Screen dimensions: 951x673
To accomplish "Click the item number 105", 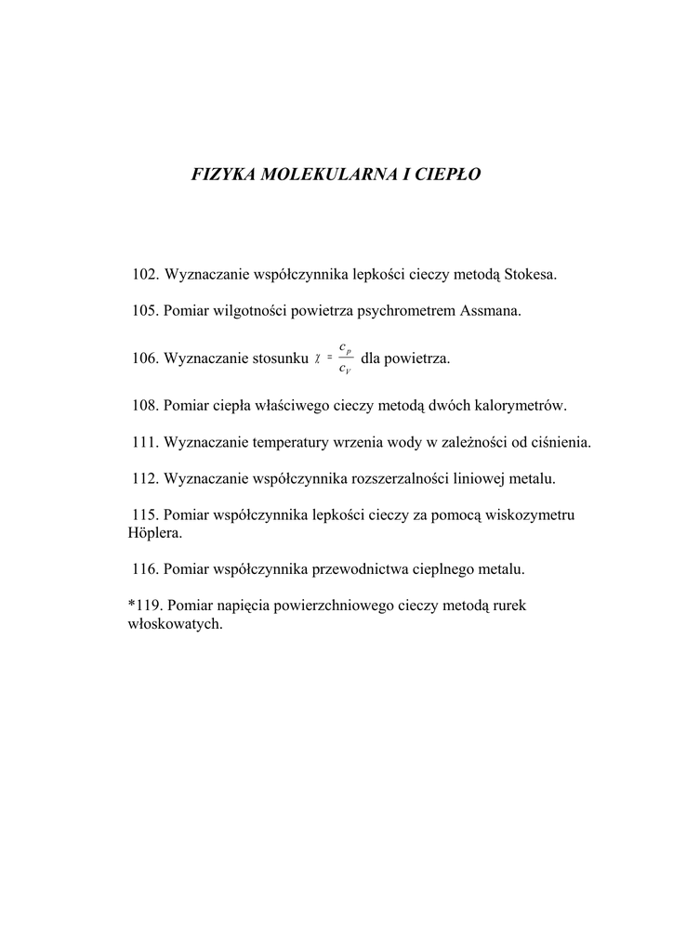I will [x=145, y=310].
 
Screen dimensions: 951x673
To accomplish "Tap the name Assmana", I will [x=491, y=310].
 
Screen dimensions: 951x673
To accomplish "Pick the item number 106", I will [x=145, y=358].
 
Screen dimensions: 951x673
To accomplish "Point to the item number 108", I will [x=145, y=406].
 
